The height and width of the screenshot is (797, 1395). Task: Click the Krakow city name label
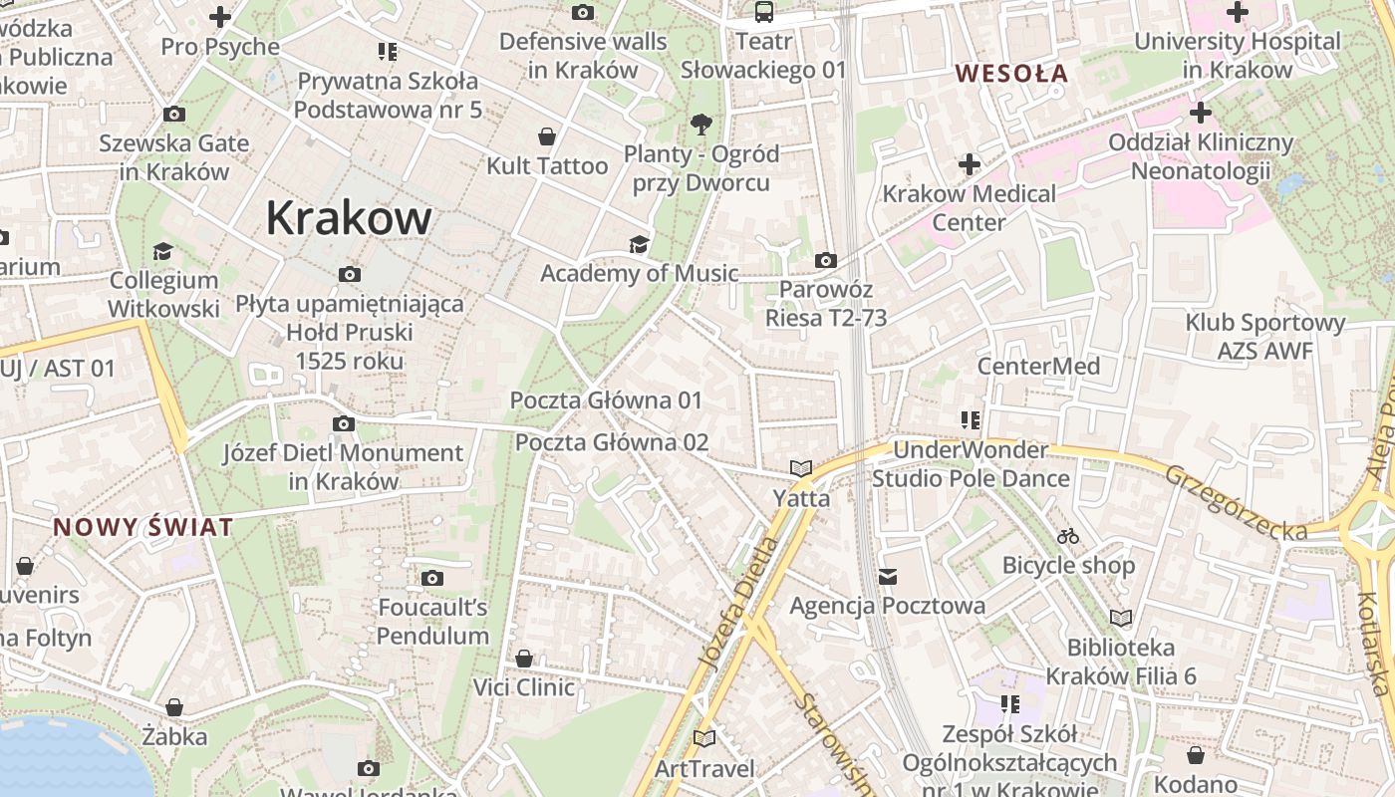click(349, 218)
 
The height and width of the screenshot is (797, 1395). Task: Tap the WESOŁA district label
click(1011, 73)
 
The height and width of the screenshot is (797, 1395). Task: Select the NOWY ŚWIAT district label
click(142, 527)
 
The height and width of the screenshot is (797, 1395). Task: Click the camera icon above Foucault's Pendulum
click(431, 578)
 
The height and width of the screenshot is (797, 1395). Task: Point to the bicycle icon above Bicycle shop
click(1068, 536)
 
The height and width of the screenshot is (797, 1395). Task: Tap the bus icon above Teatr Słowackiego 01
click(763, 12)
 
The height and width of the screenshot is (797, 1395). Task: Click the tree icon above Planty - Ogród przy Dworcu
click(701, 125)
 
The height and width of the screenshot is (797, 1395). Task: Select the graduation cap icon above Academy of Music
click(639, 244)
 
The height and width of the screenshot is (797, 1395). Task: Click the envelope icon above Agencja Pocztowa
click(888, 577)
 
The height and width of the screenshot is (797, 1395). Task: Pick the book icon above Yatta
click(801, 468)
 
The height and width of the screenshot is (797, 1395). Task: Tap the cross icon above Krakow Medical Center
click(969, 163)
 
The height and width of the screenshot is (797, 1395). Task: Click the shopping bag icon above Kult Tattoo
click(546, 136)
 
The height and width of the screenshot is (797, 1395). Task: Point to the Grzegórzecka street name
click(1236, 504)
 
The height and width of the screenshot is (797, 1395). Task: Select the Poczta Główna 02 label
click(612, 442)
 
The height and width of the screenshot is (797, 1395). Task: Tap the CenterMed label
click(1038, 366)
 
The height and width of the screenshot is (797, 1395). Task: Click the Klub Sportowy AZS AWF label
click(1264, 337)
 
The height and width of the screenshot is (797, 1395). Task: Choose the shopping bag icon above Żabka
click(174, 708)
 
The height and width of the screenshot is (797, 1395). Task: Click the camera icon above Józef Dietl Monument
click(344, 424)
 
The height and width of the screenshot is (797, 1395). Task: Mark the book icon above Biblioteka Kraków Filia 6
click(1121, 619)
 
